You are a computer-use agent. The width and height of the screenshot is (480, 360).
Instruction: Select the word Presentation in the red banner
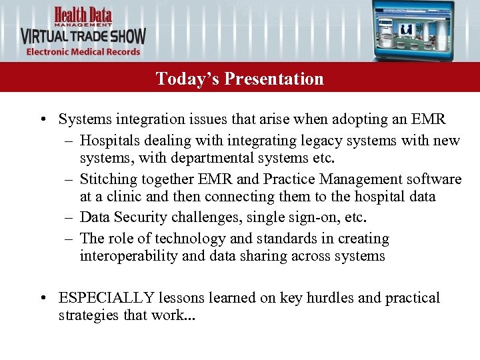(x=274, y=79)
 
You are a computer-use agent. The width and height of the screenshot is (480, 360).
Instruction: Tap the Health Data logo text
(x=83, y=15)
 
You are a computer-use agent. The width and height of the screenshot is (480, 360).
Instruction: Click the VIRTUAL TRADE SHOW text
(x=83, y=36)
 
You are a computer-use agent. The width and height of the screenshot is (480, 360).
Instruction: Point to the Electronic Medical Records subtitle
(x=83, y=52)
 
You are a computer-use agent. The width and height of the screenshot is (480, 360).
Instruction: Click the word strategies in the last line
(x=87, y=315)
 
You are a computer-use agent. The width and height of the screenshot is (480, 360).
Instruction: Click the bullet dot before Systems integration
(x=42, y=120)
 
